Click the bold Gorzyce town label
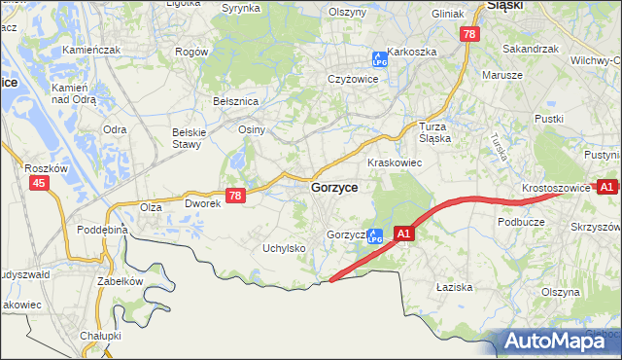[x=333, y=187]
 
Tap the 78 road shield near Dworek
[x=234, y=196]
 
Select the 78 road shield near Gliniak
[x=470, y=34]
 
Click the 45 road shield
[x=39, y=183]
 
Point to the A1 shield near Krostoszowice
[x=607, y=186]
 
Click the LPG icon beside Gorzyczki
[x=373, y=235]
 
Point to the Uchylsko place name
[x=284, y=248]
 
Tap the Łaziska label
[x=454, y=287]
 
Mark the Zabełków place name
[x=120, y=281]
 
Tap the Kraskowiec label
[x=394, y=162]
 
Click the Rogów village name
[x=191, y=51]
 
